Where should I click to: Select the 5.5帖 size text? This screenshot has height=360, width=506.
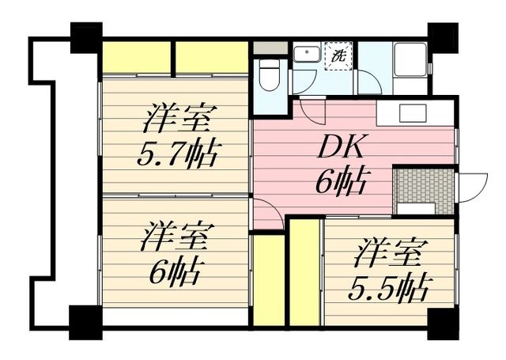tap(389, 286)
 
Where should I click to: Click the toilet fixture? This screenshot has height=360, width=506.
tap(269, 77)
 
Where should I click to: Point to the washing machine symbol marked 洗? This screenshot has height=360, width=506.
tap(339, 56)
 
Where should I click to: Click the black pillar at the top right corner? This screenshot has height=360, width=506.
tap(442, 36)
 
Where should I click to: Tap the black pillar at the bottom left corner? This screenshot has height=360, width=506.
tap(85, 320)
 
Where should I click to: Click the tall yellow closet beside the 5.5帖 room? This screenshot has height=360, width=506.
tap(304, 273)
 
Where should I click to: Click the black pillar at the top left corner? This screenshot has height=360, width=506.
tap(85, 36)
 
